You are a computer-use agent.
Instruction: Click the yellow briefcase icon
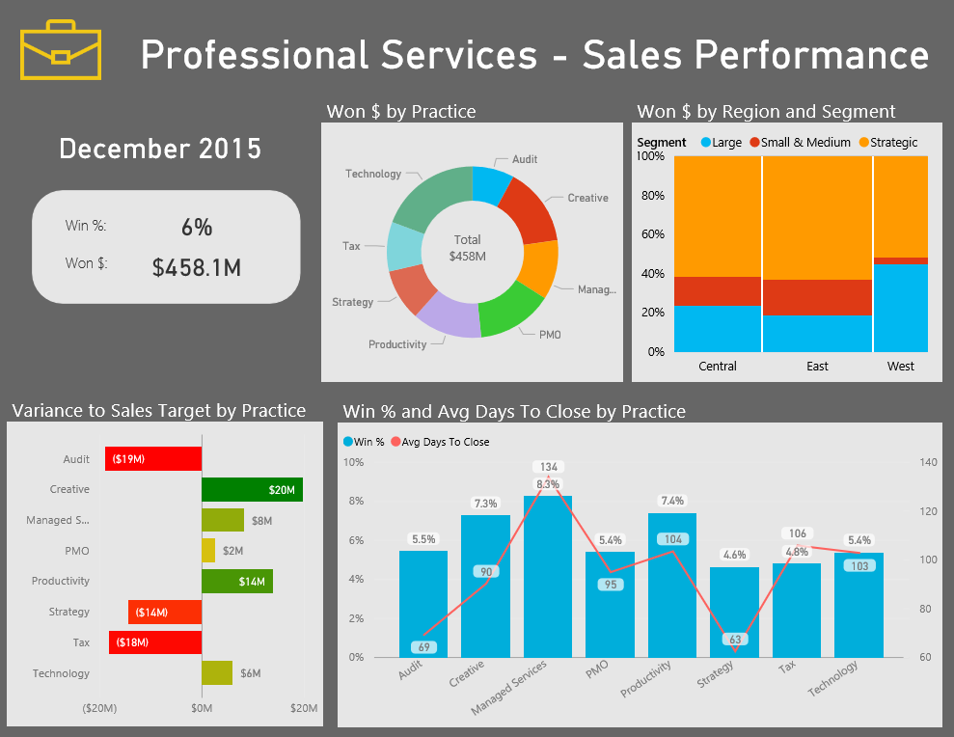(61, 50)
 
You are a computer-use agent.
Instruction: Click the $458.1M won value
(196, 267)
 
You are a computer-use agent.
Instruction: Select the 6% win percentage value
(196, 228)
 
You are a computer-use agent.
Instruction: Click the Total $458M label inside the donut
(467, 248)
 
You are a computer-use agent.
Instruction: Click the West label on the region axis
(900, 367)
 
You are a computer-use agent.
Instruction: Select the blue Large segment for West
(900, 308)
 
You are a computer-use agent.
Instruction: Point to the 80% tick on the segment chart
(651, 196)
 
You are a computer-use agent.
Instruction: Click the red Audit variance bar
(153, 459)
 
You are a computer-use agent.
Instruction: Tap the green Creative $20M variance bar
(252, 490)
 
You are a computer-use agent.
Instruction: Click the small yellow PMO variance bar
(208, 550)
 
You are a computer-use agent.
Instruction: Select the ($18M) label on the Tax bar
(133, 642)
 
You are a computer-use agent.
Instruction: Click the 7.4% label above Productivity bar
(672, 502)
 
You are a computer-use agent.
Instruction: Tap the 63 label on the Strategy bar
(735, 639)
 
